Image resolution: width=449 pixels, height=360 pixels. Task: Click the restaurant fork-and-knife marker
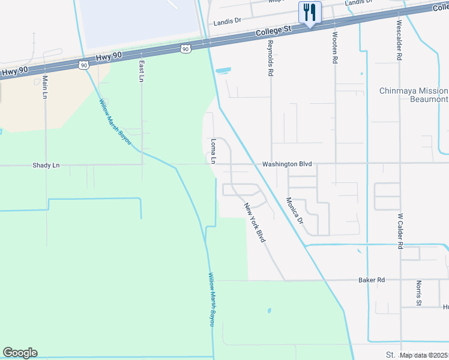(310, 11)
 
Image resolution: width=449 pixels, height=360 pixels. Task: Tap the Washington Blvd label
(287, 164)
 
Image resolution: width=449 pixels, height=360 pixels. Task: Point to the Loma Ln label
(213, 151)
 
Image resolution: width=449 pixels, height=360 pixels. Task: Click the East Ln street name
(142, 71)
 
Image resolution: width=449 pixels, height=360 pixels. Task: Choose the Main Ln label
(45, 86)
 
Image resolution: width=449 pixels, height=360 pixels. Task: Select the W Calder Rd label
(400, 230)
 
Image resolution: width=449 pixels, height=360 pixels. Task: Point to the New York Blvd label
(255, 223)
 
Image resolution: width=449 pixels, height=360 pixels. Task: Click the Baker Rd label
(371, 280)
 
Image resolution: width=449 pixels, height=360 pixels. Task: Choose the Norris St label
(418, 292)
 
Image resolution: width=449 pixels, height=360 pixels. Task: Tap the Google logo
(20, 353)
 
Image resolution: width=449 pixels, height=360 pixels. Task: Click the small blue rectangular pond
(222, 70)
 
